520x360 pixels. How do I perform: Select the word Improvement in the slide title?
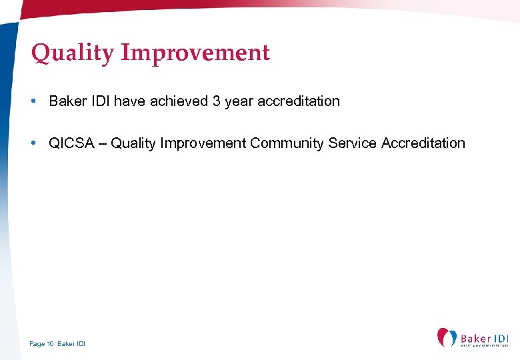[x=195, y=53]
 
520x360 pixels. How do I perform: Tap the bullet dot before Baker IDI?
[x=33, y=101]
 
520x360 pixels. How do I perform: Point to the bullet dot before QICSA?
[x=33, y=143]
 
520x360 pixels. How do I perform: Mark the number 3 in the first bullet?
[x=216, y=101]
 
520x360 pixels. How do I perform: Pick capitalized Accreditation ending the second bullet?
[x=423, y=143]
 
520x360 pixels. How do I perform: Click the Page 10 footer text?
[x=57, y=344]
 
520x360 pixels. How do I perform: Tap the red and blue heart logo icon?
[x=447, y=337]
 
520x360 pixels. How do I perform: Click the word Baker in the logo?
[x=475, y=339]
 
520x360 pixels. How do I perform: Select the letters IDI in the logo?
[x=503, y=339]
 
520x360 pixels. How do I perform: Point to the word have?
[x=130, y=101]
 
